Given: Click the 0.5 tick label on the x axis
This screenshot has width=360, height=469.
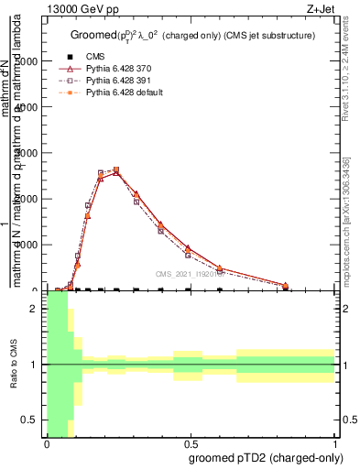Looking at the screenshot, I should click(x=190, y=445).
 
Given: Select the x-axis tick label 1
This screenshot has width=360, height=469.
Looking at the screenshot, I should click(x=334, y=445).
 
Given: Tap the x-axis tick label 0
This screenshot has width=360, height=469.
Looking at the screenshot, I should click(x=47, y=445).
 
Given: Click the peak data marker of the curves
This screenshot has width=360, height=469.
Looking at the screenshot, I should click(x=116, y=169).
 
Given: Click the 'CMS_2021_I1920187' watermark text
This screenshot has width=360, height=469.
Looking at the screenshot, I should click(x=191, y=274).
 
